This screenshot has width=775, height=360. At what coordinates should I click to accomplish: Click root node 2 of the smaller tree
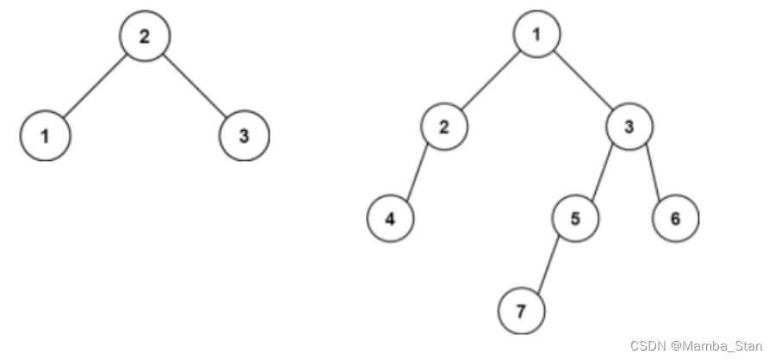(143, 36)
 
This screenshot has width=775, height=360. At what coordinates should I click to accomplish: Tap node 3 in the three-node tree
(244, 135)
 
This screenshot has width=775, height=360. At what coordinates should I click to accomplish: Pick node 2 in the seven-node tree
(444, 127)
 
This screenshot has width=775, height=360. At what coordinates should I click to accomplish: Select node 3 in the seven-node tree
(629, 127)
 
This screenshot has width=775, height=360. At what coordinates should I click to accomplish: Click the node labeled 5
(574, 218)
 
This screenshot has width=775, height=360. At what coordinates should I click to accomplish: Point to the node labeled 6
(674, 218)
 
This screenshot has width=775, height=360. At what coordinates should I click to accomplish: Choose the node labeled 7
(521, 307)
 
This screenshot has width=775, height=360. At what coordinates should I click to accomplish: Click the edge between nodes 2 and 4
(417, 172)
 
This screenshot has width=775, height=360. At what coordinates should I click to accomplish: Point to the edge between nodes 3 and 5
(602, 172)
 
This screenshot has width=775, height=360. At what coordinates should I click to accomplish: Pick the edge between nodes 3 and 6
(652, 172)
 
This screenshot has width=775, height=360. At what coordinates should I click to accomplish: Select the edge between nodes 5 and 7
(548, 263)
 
